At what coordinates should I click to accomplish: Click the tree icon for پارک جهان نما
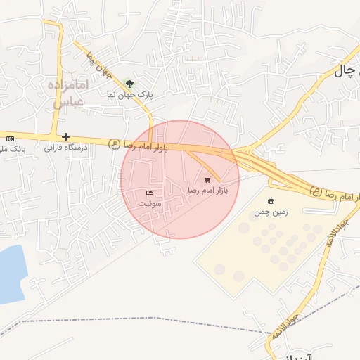click(128, 83)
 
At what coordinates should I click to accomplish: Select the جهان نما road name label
click(99, 63)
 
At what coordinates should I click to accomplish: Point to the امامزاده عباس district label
click(69, 93)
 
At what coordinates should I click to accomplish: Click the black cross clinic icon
click(65, 136)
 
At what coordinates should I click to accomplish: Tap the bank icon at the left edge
click(10, 138)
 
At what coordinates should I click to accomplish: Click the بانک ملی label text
click(13, 149)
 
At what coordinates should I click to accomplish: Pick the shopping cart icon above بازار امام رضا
click(207, 180)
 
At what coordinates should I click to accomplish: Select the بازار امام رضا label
click(208, 191)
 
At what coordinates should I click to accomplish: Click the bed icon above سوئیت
click(149, 193)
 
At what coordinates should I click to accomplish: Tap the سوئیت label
click(149, 203)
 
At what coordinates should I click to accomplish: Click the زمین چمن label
click(271, 211)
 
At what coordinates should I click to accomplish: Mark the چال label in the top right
click(345, 70)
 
